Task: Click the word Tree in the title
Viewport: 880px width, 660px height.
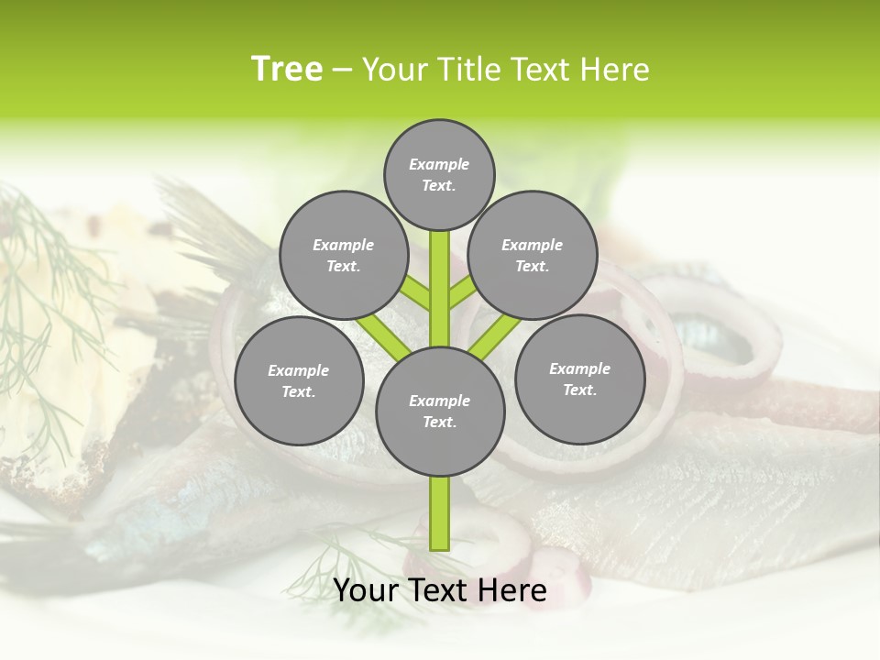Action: (x=287, y=70)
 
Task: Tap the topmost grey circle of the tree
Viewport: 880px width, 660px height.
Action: (x=439, y=174)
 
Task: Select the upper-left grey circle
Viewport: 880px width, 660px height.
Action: (x=343, y=255)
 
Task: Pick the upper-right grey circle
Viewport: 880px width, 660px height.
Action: (x=532, y=255)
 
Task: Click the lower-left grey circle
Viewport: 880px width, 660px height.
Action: (x=299, y=380)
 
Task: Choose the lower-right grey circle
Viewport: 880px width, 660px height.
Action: (x=579, y=379)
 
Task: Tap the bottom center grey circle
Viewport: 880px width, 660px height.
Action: (x=440, y=411)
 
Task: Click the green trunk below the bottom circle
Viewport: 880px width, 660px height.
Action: (x=439, y=513)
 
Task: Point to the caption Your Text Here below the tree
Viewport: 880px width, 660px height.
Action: (x=440, y=590)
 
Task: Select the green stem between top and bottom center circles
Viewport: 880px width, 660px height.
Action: (x=439, y=289)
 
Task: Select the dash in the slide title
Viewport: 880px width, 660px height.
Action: (x=342, y=70)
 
